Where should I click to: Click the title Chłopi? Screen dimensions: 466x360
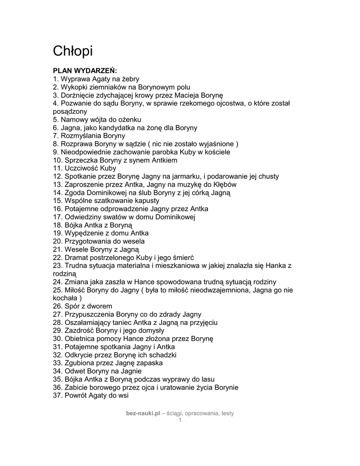tap(73, 51)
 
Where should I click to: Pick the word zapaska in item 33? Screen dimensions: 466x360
tap(149, 363)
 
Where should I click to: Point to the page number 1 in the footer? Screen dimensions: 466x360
tap(180, 420)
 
